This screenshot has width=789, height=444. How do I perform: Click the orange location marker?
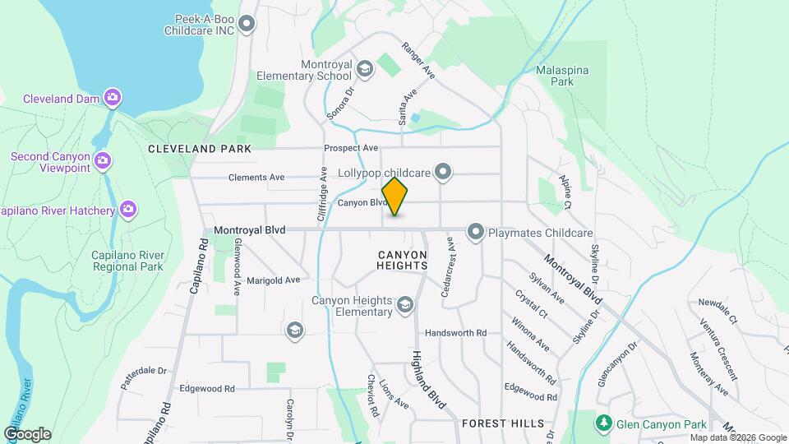coord(395,197)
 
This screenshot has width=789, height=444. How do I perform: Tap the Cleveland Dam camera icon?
coord(113,98)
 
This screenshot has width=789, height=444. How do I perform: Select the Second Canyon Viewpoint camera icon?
coord(103,160)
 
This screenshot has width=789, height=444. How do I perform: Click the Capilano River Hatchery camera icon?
coord(127,210)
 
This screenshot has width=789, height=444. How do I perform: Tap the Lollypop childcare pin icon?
coord(444,172)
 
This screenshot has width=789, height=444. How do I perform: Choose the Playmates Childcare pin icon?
coord(475,233)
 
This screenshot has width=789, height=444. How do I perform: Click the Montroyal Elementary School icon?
coord(365,68)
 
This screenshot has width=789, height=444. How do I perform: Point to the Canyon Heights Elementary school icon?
coord(404,306)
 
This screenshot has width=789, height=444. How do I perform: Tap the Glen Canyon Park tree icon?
coord(604,423)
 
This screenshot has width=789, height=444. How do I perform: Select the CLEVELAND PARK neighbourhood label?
coord(199,149)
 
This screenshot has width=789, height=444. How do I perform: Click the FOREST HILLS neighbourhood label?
coord(503,423)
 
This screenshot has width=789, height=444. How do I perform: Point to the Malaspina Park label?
coord(561,76)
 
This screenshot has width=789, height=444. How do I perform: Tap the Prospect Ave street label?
coord(351,148)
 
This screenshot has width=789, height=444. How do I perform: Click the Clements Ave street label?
coord(256,177)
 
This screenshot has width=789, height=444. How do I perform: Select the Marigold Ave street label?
coord(273,280)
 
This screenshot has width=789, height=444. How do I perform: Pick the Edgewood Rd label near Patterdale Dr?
coord(207,388)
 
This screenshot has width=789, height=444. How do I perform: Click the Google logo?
coord(27,433)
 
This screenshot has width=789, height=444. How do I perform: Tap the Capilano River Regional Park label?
coord(127,261)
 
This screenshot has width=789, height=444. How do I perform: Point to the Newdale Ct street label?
coord(718,309)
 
